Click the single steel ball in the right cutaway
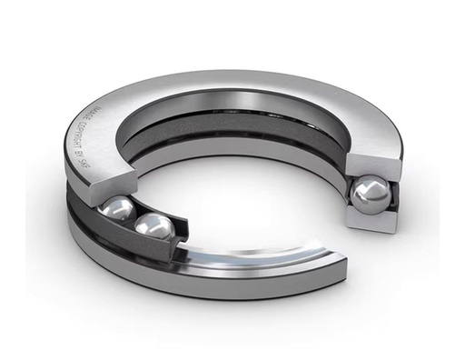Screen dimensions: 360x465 pos(372,195)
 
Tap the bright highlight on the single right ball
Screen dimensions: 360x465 pos(367,187)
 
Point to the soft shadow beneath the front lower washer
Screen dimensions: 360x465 pos(227,314)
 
